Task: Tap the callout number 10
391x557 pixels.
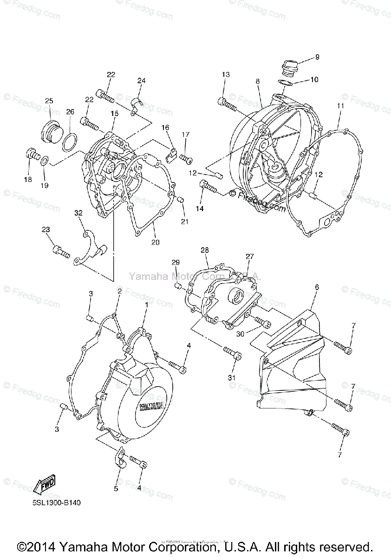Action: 314,79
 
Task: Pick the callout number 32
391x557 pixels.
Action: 78,213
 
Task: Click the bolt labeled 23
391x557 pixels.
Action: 61,252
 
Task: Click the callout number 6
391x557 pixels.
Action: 317,287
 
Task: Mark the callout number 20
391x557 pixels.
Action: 155,241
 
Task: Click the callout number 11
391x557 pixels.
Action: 340,106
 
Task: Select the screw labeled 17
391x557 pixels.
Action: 187,159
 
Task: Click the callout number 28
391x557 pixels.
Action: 205,250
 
